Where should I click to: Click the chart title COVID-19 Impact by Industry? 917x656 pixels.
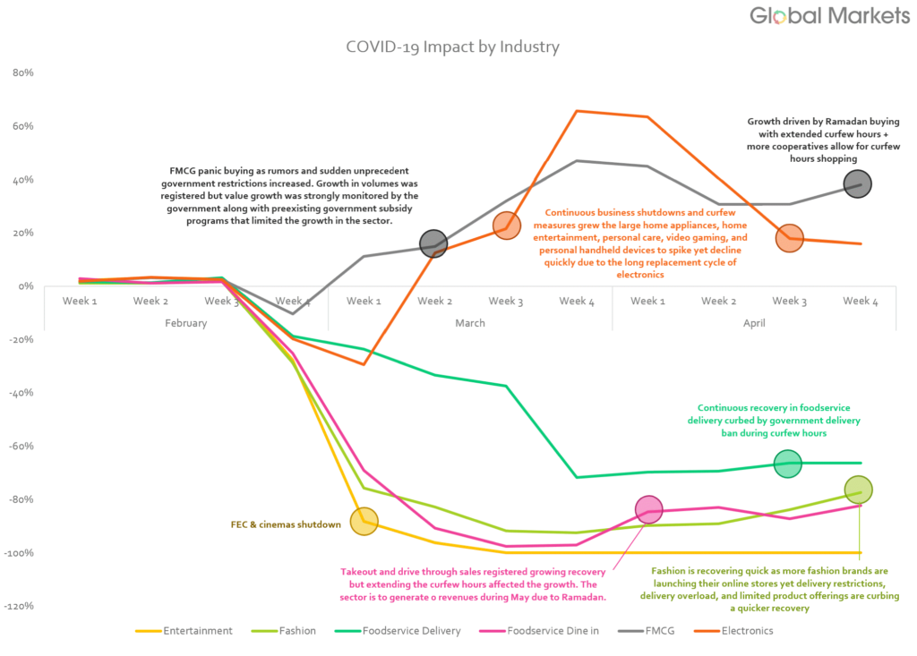[x=452, y=46]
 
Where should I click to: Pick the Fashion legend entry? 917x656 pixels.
[x=286, y=631]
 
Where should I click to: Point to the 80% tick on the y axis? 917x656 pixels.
[x=21, y=73]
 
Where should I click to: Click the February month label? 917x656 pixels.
[x=185, y=323]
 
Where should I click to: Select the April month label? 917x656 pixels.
[x=754, y=323]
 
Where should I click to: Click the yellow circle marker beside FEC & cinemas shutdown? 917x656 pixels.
[x=364, y=521]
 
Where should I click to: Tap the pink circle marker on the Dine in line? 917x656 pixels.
[x=648, y=509]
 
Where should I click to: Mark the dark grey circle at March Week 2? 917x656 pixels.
[x=434, y=243]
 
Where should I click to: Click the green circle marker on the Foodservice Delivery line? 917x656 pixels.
[x=788, y=464]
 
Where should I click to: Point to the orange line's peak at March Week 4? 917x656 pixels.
[x=578, y=111]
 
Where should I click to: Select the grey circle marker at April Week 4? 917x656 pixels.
[x=858, y=184]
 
